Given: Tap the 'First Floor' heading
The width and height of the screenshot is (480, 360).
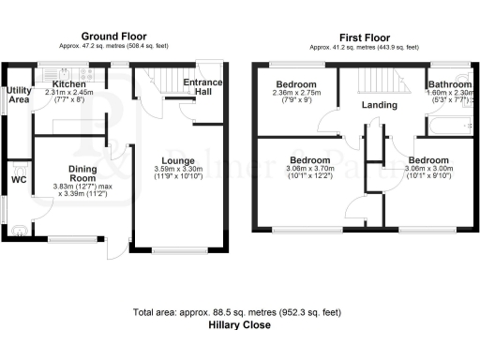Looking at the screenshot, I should click(365, 34).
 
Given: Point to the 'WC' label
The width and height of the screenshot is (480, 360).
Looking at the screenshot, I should click(18, 178).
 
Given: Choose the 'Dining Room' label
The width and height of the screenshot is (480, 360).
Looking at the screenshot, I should click(82, 173).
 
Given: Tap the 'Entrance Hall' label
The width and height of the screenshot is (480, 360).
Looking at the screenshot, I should click(203, 88).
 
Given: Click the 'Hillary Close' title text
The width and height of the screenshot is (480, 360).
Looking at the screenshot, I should click(239, 325).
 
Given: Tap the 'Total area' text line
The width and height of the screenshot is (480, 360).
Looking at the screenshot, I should click(239, 312).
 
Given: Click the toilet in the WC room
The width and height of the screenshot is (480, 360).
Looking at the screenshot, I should click(18, 226).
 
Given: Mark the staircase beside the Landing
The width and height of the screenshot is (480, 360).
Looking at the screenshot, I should click(384, 82).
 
